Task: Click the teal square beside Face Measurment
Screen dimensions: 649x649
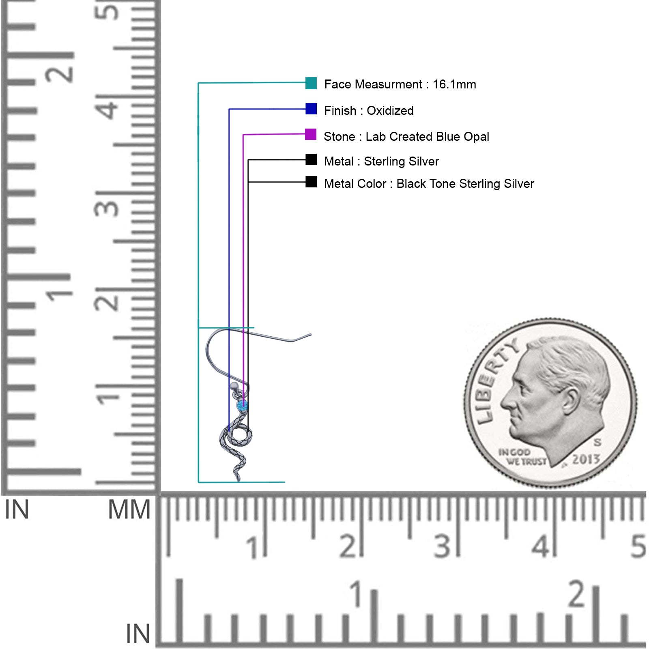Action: (x=311, y=83)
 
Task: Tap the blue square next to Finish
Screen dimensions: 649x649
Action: (x=311, y=109)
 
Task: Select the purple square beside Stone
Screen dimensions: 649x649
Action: (x=311, y=134)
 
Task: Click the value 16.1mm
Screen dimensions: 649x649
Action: (x=454, y=84)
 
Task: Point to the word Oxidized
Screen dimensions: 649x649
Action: (x=390, y=110)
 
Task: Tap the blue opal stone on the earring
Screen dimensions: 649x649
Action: (x=242, y=405)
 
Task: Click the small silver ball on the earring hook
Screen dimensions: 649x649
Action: (x=234, y=386)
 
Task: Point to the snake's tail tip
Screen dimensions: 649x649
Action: (x=239, y=480)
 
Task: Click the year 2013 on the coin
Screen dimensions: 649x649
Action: (x=586, y=459)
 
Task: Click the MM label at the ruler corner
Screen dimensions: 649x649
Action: (x=129, y=509)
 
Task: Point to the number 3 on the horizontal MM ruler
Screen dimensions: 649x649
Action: (x=442, y=546)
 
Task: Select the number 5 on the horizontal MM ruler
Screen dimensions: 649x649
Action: (x=638, y=546)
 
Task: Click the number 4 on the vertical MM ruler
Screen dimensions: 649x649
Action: (x=107, y=109)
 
